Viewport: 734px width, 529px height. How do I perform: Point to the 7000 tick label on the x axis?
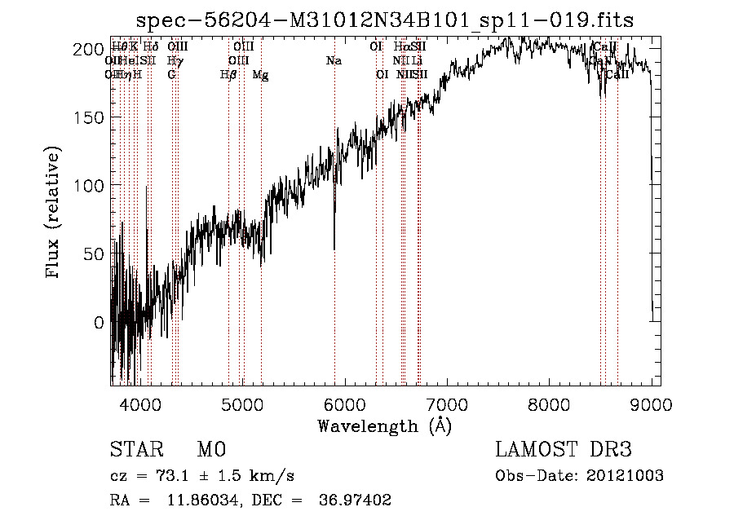[447, 404]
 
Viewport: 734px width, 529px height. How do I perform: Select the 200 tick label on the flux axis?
[89, 49]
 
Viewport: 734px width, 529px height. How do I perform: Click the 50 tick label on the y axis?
[94, 253]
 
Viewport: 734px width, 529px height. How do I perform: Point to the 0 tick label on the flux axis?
[99, 322]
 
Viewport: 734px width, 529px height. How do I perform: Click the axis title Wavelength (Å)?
[384, 425]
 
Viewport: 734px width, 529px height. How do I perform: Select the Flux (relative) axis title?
[55, 214]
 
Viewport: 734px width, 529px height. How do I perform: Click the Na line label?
[333, 61]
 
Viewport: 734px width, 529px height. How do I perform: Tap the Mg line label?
[260, 75]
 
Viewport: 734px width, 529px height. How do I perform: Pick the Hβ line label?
[228, 75]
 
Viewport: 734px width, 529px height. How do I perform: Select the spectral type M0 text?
[211, 450]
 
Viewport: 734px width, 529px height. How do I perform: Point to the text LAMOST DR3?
[564, 450]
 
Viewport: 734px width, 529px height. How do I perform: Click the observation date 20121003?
[627, 476]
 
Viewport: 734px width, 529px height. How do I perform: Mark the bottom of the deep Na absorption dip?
[334, 249]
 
